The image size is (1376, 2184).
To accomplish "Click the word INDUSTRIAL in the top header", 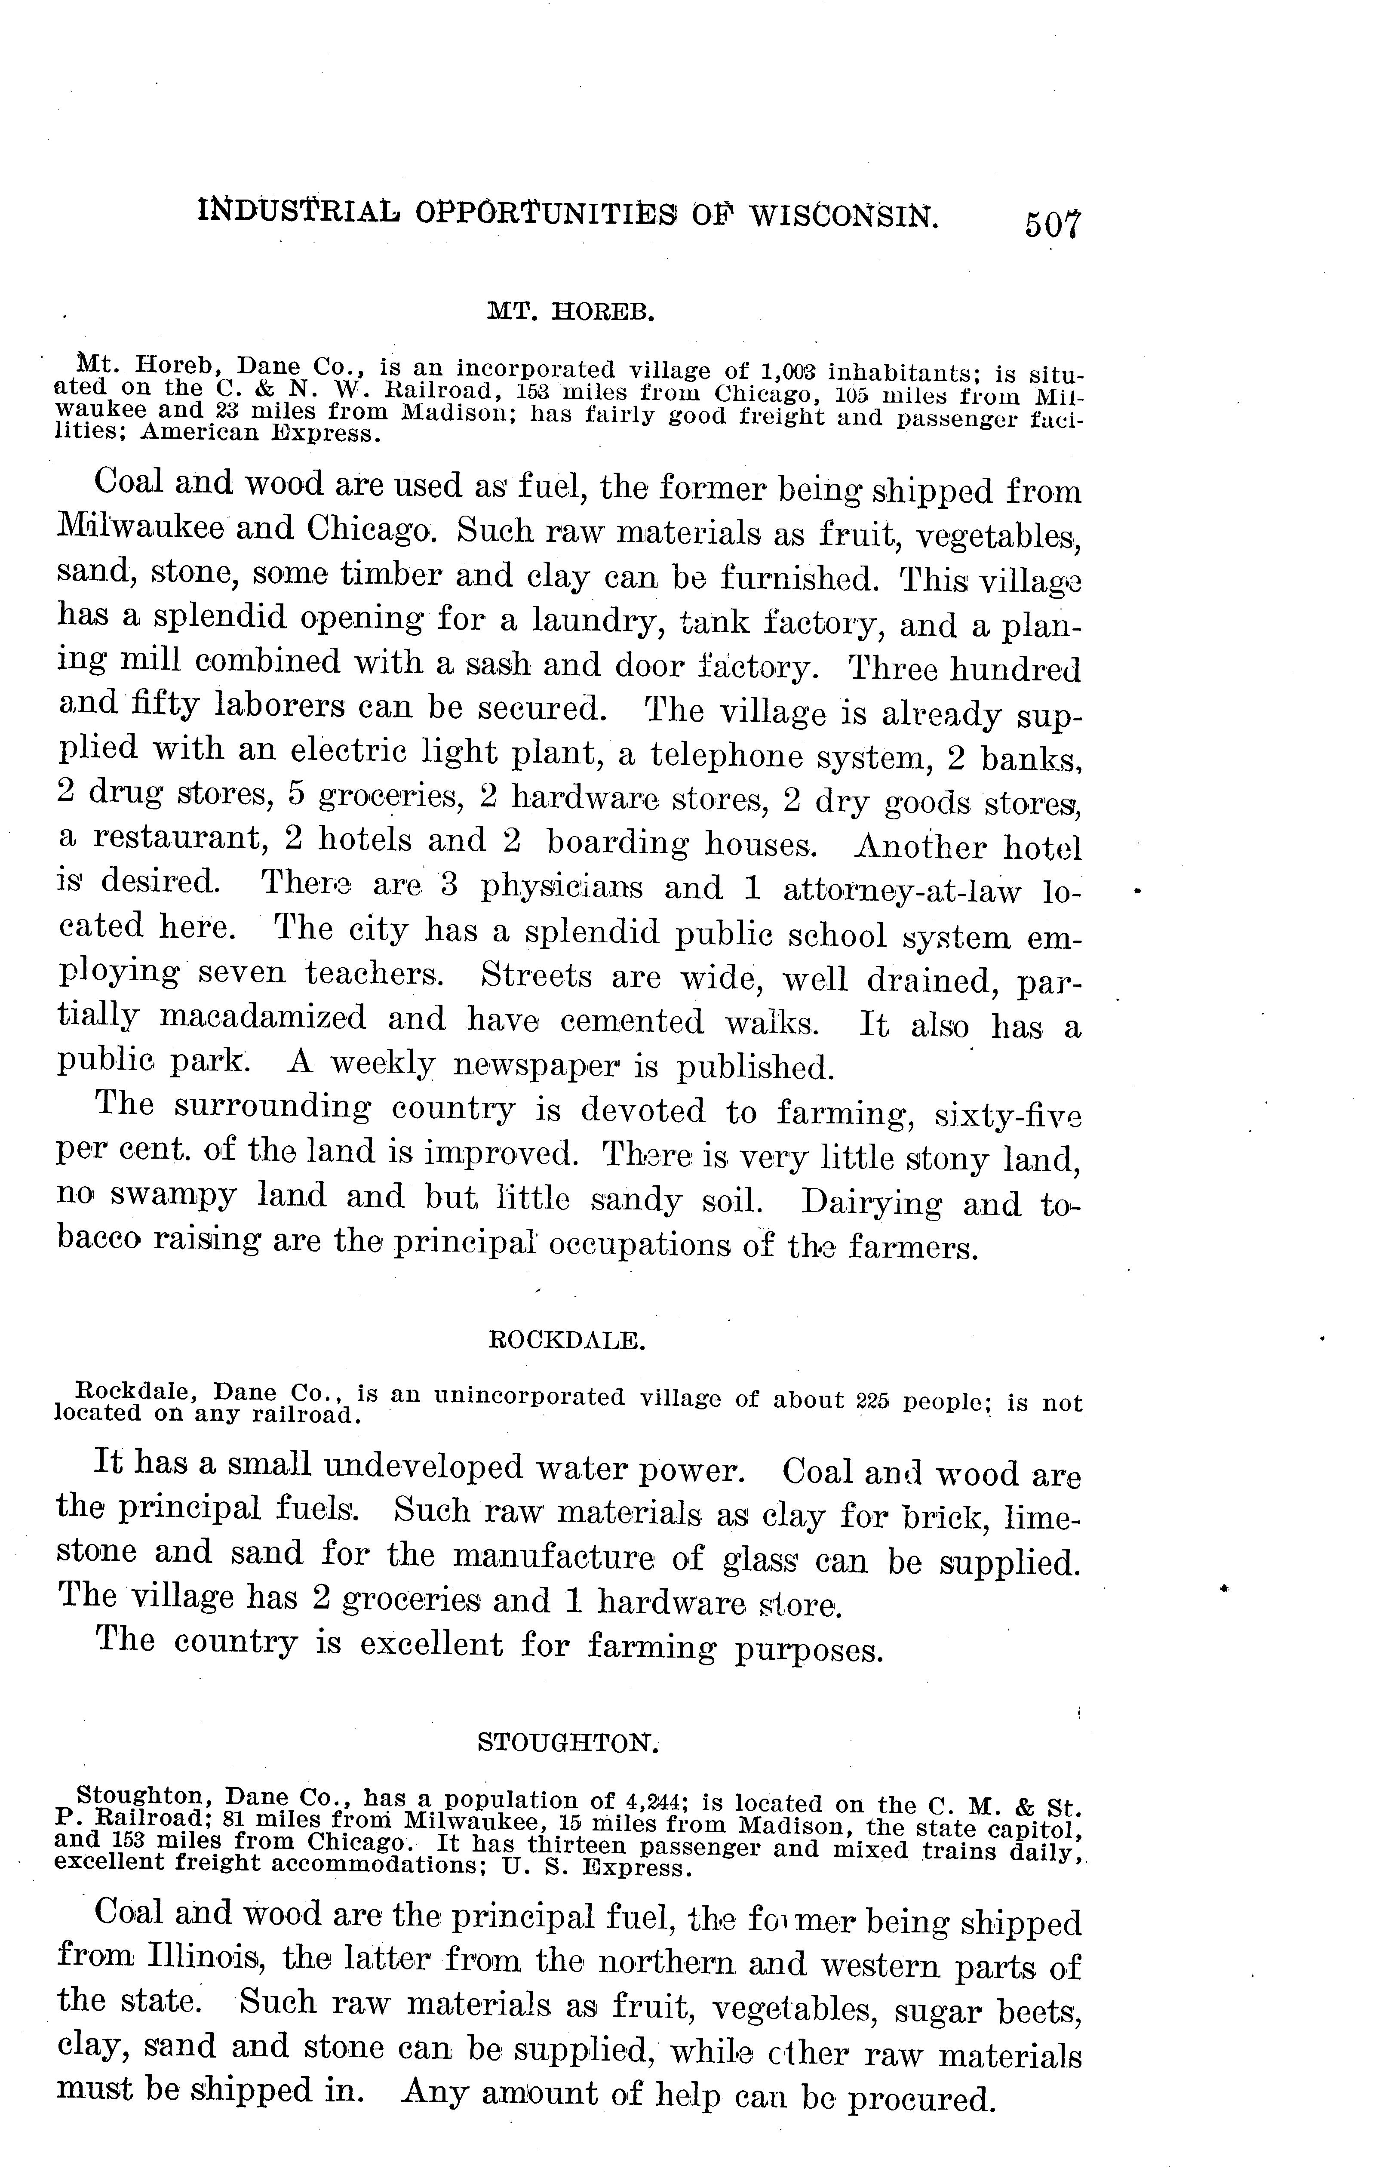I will [x=299, y=213].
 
